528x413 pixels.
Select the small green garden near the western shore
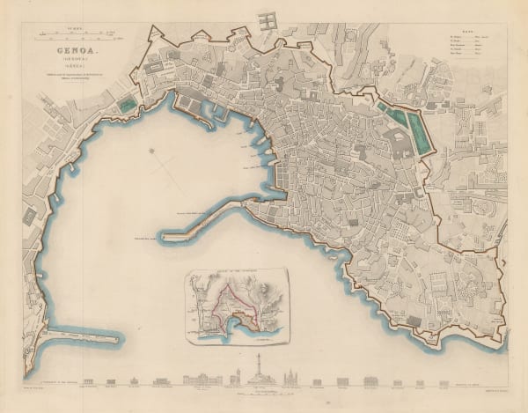tap(128, 105)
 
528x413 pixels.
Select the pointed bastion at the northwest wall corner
tap(157, 34)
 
